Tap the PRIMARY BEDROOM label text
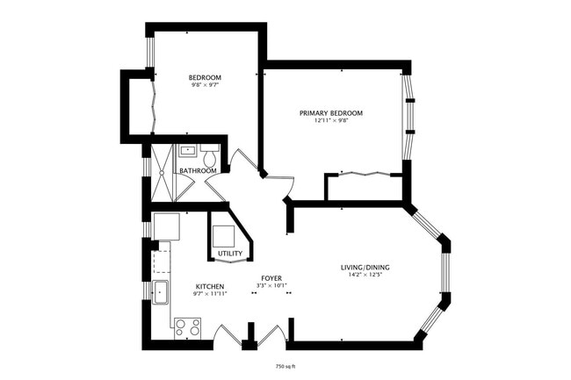pos(330,113)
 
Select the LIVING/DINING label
pos(365,268)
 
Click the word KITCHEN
pos(210,287)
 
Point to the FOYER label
pos(271,278)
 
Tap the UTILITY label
pos(230,254)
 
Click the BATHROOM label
pos(198,170)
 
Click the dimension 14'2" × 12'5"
pos(365,276)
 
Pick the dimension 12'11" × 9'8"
pos(330,121)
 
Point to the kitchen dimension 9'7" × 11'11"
pos(210,294)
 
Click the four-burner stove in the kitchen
pos(187,327)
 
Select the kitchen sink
pos(161,292)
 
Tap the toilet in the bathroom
pos(209,154)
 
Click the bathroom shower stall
pos(162,172)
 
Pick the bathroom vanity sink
pos(187,150)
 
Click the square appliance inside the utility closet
pos(223,235)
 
